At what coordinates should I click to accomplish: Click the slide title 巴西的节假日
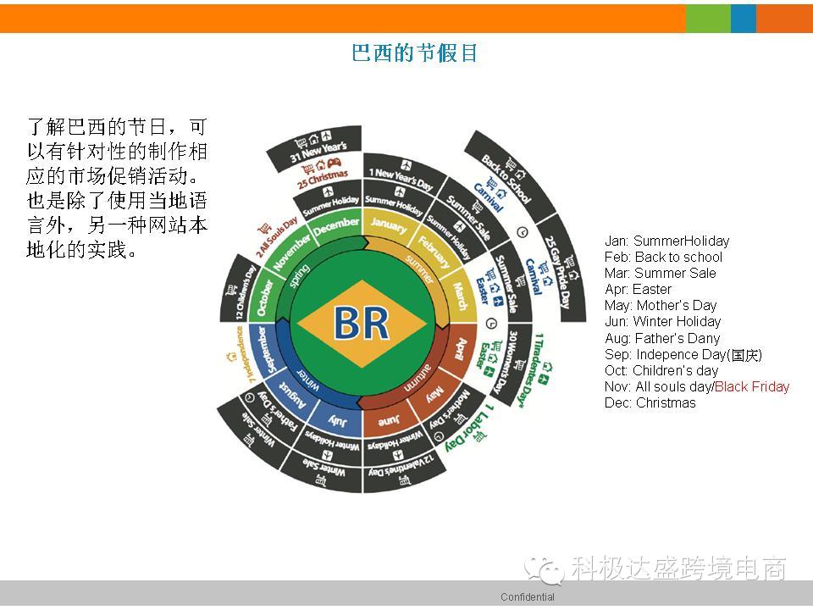point(415,53)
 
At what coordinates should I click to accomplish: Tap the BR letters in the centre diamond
point(362,324)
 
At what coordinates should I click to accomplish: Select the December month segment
point(336,228)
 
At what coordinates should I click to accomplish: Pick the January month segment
point(389,226)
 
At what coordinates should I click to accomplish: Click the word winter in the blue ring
point(307,374)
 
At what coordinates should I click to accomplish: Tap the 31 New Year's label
point(318,153)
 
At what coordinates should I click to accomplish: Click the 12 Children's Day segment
point(239,293)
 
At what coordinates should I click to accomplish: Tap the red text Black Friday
point(752,386)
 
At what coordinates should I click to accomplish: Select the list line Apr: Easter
point(639,289)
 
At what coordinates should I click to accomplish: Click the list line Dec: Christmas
point(650,402)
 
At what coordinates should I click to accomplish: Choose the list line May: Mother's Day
point(661,305)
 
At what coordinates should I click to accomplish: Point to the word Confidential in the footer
point(527,597)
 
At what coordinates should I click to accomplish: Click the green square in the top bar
point(707,18)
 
